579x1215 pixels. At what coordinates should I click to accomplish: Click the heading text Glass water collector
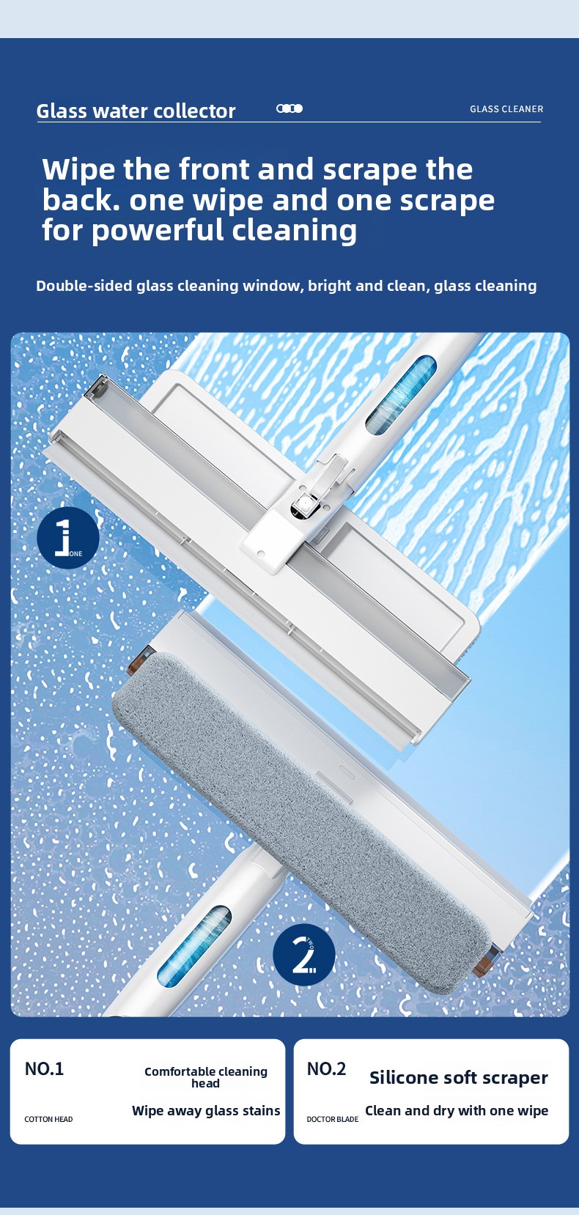(x=136, y=111)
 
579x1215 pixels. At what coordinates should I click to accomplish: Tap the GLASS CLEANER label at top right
(x=506, y=109)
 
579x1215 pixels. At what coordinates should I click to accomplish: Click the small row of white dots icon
(x=289, y=108)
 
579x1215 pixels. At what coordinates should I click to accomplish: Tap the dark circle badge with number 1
(x=68, y=538)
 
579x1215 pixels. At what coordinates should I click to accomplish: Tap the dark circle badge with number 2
(x=304, y=954)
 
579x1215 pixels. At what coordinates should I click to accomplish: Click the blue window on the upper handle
(x=402, y=395)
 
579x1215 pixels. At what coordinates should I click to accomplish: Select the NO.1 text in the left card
(x=44, y=1068)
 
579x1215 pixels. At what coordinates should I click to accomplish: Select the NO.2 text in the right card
(x=326, y=1068)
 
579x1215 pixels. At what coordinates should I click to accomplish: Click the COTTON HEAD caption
(x=48, y=1119)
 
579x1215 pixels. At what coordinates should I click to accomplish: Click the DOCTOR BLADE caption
(x=332, y=1119)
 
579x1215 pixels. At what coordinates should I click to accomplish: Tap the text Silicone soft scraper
(x=459, y=1078)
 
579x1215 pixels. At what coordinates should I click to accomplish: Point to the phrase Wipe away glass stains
(x=206, y=1111)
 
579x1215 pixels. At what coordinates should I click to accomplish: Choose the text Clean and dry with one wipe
(x=457, y=1111)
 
